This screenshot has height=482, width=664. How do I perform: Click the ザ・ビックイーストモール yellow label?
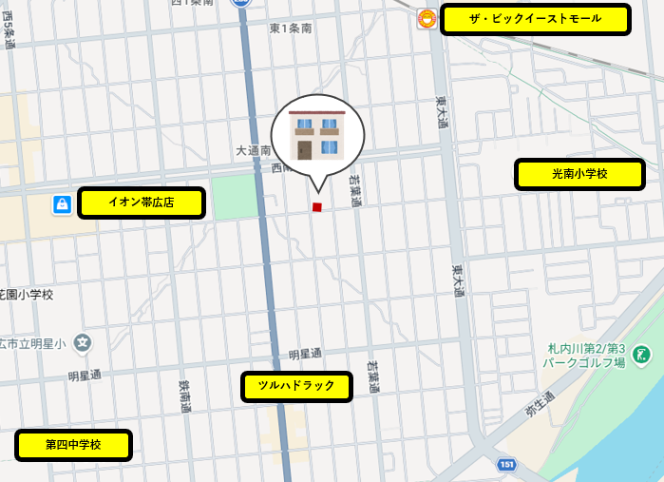click(536, 19)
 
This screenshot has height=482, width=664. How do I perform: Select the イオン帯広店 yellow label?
click(141, 202)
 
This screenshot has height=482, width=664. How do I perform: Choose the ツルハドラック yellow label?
click(296, 386)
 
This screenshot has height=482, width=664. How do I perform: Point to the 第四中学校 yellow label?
click(73, 444)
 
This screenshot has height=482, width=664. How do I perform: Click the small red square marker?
click(317, 206)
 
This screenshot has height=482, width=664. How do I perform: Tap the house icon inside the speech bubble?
click(317, 137)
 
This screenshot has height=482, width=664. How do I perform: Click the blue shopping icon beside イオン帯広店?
click(61, 203)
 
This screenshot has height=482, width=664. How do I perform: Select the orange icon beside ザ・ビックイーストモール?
click(427, 19)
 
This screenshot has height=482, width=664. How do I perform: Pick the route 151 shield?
click(506, 464)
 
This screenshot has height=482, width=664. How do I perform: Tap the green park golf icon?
click(642, 355)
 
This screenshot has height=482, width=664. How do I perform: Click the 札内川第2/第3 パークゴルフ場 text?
click(584, 355)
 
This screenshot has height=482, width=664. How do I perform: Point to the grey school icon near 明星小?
click(84, 342)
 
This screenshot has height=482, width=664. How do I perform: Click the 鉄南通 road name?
click(184, 396)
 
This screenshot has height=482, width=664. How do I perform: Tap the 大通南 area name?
click(253, 150)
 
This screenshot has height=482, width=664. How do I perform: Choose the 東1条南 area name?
click(290, 29)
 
